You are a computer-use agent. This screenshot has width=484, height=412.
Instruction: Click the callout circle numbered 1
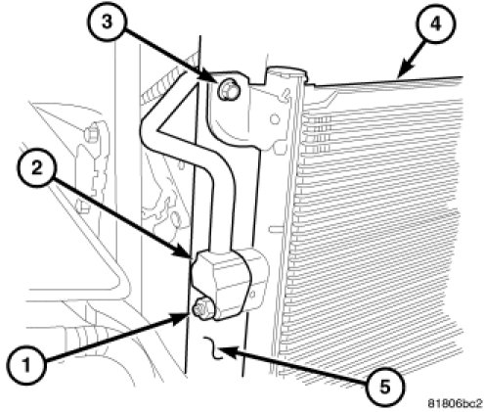pyautogui.click(x=26, y=364)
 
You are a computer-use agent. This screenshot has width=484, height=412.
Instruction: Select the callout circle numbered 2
pyautogui.click(x=37, y=168)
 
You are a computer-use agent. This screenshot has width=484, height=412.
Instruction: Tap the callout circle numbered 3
pyautogui.click(x=107, y=22)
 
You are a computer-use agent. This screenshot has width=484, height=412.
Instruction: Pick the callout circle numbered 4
pyautogui.click(x=436, y=23)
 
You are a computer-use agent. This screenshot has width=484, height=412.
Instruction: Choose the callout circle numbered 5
pyautogui.click(x=384, y=388)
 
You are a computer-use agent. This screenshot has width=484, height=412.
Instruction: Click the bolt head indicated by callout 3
pyautogui.click(x=227, y=90)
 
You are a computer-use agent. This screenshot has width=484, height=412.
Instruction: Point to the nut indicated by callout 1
pyautogui.click(x=202, y=308)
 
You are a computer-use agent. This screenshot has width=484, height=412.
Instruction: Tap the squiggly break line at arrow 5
pyautogui.click(x=213, y=348)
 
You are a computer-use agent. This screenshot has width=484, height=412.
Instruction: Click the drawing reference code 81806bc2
pyautogui.click(x=455, y=403)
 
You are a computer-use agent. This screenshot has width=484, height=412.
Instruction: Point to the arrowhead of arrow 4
pyautogui.click(x=404, y=71)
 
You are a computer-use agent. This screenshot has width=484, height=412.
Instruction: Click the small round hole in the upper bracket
pyautogui.click(x=275, y=119)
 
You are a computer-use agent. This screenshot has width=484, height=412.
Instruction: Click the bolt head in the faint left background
pyautogui.click(x=92, y=132)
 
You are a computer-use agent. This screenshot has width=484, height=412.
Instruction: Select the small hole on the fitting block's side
pyautogui.click(x=252, y=294)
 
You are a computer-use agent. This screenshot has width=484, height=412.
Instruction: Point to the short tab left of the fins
pyautogui.click(x=276, y=230)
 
